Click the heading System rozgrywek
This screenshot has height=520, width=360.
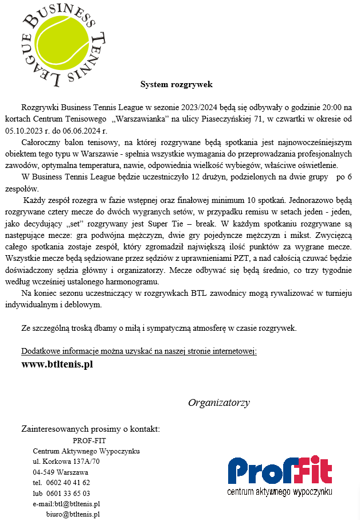[x=177, y=85]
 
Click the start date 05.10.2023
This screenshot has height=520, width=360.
[x=41, y=130]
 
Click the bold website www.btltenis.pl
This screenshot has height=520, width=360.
[x=57, y=364]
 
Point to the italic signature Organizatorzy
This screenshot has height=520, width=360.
[x=218, y=402]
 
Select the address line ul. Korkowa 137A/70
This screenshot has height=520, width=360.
[x=66, y=462]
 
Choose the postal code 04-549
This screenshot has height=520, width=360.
[x=44, y=472]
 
